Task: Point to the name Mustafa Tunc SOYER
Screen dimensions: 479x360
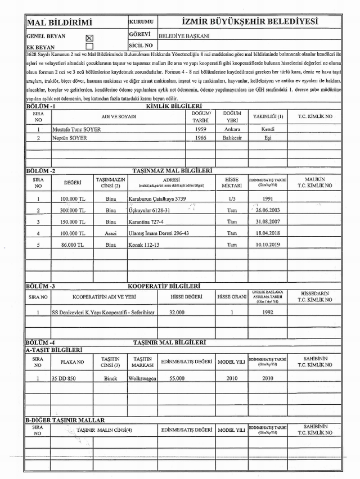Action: (76, 129)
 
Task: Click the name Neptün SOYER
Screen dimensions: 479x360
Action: (70, 138)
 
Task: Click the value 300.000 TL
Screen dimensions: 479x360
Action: (73, 210)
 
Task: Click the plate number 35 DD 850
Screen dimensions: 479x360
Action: (64, 378)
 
